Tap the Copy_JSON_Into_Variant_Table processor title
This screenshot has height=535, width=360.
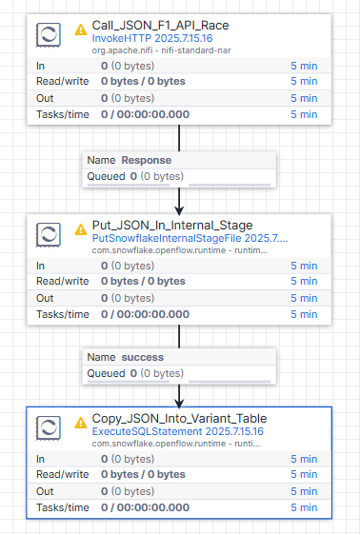coord(178,419)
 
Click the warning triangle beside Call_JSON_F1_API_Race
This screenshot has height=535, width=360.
coord(80,30)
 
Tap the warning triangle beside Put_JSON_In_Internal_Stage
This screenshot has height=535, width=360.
coord(80,228)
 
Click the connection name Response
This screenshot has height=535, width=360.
coord(147,160)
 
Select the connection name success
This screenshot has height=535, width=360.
coord(143,357)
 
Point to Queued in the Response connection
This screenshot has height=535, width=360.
coord(107,175)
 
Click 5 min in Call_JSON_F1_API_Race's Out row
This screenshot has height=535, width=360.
coord(304,98)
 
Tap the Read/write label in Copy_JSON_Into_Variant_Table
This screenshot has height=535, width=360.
coord(56,473)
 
